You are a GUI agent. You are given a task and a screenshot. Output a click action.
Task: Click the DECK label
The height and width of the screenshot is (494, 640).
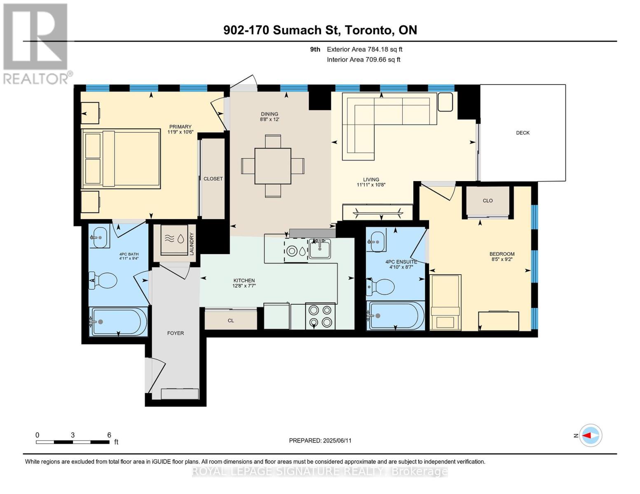(523, 133)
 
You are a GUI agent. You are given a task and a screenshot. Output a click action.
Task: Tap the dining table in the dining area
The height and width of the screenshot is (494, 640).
(273, 166)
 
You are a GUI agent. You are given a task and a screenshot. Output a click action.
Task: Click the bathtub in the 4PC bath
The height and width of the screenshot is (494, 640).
(118, 322)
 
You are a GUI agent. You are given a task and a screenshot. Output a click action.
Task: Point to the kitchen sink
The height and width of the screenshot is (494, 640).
(319, 249)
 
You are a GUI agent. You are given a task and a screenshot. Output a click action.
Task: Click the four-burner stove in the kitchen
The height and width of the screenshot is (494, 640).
(320, 316)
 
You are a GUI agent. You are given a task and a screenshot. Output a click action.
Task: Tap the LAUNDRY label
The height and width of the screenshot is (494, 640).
(192, 244)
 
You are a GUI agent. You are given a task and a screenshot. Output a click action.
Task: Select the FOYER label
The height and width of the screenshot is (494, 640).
(176, 333)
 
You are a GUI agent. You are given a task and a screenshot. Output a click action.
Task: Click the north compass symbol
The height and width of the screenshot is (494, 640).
(590, 436)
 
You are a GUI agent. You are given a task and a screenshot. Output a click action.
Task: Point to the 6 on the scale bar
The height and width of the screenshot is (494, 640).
(109, 435)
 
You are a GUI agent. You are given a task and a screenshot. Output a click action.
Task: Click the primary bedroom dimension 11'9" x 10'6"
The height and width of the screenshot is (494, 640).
(181, 132)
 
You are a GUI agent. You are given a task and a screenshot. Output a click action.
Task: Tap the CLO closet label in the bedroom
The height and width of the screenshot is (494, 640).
(488, 200)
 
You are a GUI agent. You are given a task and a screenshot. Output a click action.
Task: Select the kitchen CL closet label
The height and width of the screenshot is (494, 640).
(231, 321)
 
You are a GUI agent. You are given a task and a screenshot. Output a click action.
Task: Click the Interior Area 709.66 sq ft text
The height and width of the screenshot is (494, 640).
(363, 60)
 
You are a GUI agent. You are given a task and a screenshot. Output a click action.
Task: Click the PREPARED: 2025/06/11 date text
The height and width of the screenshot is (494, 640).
(320, 440)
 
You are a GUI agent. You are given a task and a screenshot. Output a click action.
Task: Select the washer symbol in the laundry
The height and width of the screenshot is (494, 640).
(174, 239)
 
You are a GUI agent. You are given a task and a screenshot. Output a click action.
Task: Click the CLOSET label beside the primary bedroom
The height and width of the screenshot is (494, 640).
(213, 179)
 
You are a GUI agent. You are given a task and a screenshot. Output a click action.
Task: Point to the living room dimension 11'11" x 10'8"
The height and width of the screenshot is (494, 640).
(371, 185)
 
